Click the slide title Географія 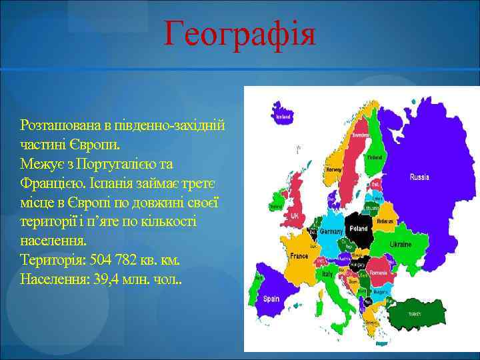click(x=240, y=33)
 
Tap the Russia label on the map click(x=419, y=177)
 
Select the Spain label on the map click(x=271, y=299)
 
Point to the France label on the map click(x=299, y=256)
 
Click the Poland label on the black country click(x=359, y=227)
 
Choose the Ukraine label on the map click(x=401, y=245)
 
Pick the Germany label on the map click(x=331, y=231)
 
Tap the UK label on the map click(x=294, y=217)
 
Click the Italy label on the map click(x=327, y=273)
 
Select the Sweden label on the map click(x=361, y=134)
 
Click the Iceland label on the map click(x=283, y=115)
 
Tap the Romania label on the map click(x=378, y=273)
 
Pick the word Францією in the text click(x=49, y=181)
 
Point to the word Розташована click(x=61, y=125)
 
